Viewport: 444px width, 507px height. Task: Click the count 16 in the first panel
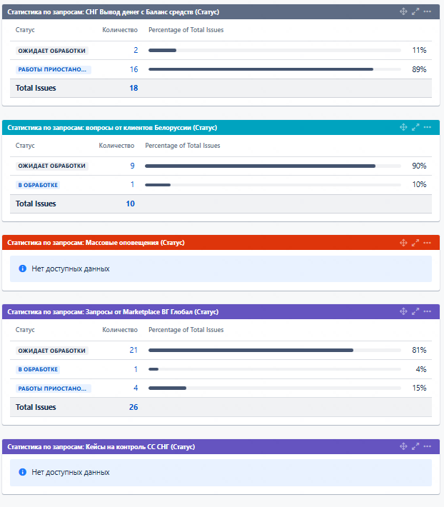133,69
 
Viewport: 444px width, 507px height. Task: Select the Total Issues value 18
133,88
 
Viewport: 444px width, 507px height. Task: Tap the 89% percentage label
419,69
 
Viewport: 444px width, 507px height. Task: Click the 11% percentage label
419,50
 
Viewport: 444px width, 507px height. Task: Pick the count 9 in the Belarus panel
132,166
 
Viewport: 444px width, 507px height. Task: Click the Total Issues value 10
130,204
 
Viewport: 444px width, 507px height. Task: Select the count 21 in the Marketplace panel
133,350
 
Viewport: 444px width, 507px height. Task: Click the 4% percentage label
421,369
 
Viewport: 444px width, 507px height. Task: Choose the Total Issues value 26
133,407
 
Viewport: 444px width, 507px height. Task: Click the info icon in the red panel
22,269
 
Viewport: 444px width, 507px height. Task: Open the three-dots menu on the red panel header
428,243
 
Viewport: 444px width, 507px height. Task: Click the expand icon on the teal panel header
415,127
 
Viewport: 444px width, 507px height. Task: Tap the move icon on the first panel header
403,11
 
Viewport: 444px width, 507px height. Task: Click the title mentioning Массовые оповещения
96,243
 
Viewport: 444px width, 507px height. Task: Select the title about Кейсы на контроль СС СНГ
101,446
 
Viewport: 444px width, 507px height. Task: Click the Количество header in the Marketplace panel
120,330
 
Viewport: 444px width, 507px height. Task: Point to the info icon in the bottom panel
22,473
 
